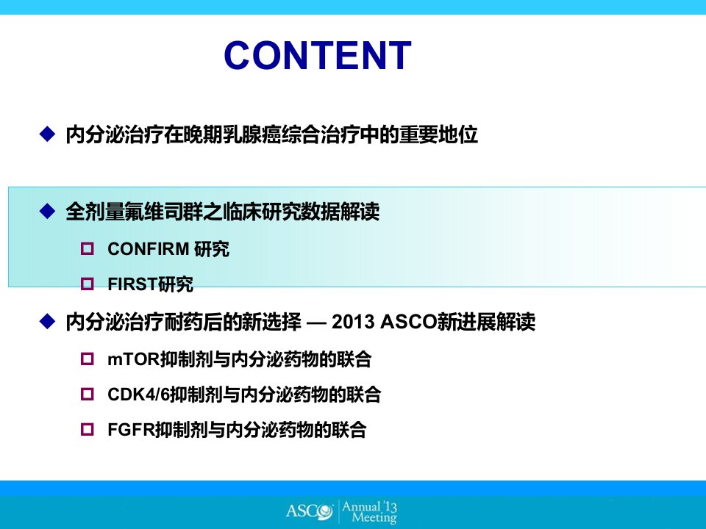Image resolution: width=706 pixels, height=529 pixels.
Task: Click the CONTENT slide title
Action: (318, 56)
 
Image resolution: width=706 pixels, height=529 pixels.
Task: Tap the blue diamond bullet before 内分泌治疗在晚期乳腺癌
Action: (47, 134)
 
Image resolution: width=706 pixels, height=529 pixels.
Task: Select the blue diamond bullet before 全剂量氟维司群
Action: (47, 211)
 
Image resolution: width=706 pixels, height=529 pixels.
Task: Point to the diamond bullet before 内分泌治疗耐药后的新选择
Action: (47, 321)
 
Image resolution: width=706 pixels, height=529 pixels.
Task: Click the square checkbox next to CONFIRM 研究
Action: (88, 248)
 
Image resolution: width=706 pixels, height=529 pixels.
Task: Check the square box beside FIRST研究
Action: (88, 284)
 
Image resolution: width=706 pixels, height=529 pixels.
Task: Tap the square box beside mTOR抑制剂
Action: (88, 359)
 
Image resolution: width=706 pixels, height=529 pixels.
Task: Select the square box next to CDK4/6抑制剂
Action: (88, 394)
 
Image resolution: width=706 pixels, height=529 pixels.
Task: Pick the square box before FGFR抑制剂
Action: (88, 429)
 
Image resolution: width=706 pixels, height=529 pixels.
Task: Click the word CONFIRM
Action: (148, 249)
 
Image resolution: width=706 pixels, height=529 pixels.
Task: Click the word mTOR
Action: (134, 359)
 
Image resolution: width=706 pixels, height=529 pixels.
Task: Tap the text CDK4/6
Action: (139, 395)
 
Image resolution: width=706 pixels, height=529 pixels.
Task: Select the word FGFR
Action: (132, 430)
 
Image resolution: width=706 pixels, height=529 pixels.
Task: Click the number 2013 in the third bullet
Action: (353, 322)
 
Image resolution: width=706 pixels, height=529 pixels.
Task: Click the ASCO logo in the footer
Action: (310, 511)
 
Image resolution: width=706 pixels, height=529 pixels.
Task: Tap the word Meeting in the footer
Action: (374, 518)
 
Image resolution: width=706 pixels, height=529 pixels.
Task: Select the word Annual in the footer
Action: (360, 506)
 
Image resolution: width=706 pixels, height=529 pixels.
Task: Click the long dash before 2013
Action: (316, 323)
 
